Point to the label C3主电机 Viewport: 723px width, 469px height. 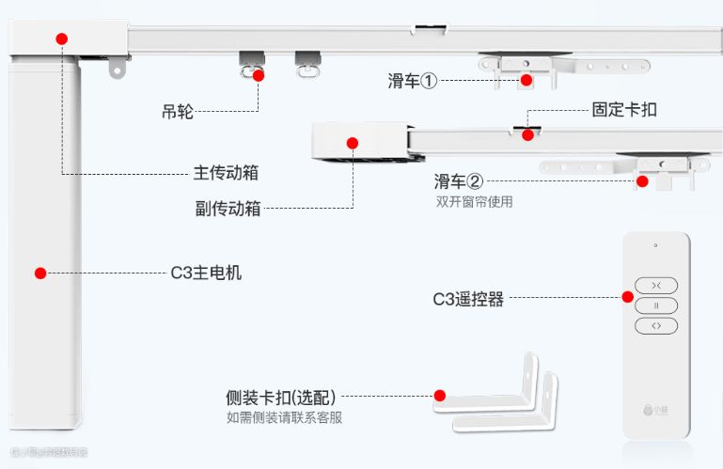click(206, 274)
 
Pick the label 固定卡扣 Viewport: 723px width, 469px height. click(624, 110)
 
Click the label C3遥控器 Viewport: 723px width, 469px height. click(468, 299)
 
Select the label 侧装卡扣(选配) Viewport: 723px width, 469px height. click(281, 398)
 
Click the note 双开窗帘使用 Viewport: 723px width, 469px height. click(474, 201)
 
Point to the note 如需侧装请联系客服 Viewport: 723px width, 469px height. click(284, 417)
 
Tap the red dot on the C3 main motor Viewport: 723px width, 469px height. click(40, 274)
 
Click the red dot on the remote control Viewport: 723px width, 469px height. click(627, 297)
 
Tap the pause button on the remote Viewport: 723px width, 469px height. click(655, 305)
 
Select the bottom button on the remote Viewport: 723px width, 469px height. click(655, 325)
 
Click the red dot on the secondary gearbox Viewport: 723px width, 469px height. click(353, 144)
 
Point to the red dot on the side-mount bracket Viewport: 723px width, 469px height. click(439, 396)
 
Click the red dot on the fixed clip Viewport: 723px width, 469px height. click(528, 134)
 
